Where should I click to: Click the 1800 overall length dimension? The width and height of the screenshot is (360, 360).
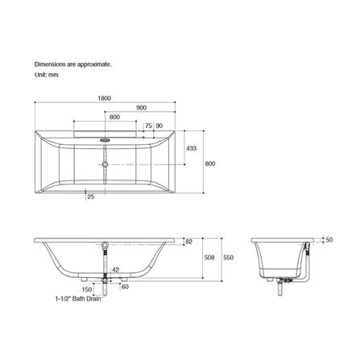pyautogui.click(x=104, y=98)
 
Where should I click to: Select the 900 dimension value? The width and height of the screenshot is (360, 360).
pyautogui.click(x=141, y=108)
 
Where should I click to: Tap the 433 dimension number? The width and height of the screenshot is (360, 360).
pyautogui.click(x=191, y=148)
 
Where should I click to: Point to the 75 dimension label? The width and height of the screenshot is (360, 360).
pyautogui.click(x=148, y=126)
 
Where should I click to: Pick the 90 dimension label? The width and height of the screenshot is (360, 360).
pyautogui.click(x=159, y=126)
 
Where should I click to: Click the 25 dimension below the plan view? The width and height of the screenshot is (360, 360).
pyautogui.click(x=91, y=197)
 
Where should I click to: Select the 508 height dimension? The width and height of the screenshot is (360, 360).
pyautogui.click(x=209, y=258)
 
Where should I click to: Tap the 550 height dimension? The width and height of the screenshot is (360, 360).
pyautogui.click(x=228, y=258)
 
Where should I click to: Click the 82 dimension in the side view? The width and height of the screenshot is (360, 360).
pyautogui.click(x=189, y=242)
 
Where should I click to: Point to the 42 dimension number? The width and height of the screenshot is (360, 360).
pyautogui.click(x=115, y=270)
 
